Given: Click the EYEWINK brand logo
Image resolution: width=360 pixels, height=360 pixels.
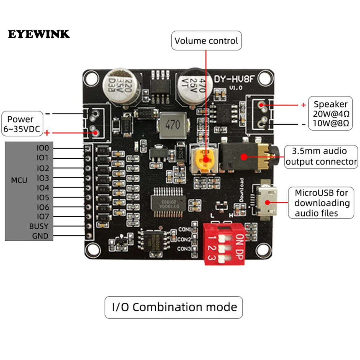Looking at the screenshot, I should (39, 34).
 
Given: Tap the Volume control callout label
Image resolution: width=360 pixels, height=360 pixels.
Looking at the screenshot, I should (206, 41).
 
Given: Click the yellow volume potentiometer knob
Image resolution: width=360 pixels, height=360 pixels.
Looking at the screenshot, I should (205, 159).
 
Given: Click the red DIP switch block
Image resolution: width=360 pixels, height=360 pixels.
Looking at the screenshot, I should (224, 244).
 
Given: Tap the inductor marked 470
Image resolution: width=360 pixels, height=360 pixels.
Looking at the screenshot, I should (173, 125).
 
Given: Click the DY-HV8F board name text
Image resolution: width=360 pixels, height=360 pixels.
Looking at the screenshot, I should (234, 79).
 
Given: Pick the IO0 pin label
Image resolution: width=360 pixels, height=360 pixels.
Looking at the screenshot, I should (43, 148).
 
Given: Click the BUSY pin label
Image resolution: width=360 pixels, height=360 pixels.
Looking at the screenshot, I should (38, 226).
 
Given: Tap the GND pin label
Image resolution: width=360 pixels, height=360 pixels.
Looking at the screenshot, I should (40, 236).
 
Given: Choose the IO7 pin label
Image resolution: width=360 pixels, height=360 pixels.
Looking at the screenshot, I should (43, 217).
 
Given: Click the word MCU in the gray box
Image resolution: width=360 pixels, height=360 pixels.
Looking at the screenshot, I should (19, 180).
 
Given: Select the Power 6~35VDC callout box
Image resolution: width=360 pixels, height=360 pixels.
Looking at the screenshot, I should (22, 124).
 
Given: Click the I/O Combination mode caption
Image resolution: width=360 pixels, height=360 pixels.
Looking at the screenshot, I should (174, 307).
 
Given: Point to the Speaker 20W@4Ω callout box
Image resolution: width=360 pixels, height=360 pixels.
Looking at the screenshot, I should (330, 113).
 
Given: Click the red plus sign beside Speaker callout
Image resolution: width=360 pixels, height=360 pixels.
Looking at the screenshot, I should (304, 105).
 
